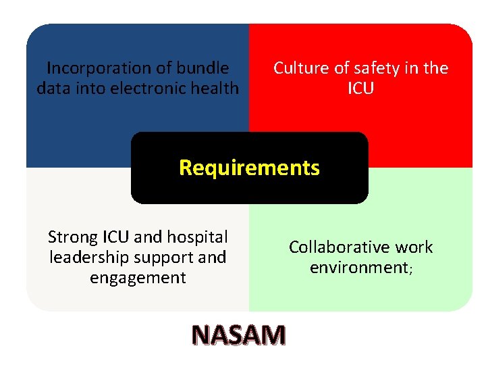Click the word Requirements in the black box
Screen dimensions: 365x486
(249, 168)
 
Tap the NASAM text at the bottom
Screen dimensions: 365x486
(238, 335)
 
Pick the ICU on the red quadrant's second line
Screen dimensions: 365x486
(360, 89)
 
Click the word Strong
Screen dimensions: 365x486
(73, 237)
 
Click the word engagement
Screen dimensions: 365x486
(138, 278)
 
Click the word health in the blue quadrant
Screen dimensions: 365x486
(216, 89)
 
